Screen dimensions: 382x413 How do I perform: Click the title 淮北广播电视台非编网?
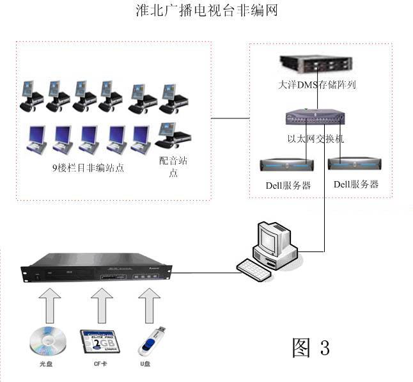tap(207, 11)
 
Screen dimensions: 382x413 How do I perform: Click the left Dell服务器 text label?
tap(288, 186)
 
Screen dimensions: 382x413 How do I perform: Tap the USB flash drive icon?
tap(152, 340)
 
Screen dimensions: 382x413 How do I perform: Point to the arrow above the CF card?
tap(100, 305)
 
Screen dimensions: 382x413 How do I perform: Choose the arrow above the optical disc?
tap(49, 305)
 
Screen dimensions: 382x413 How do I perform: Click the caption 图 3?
tap(311, 347)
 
